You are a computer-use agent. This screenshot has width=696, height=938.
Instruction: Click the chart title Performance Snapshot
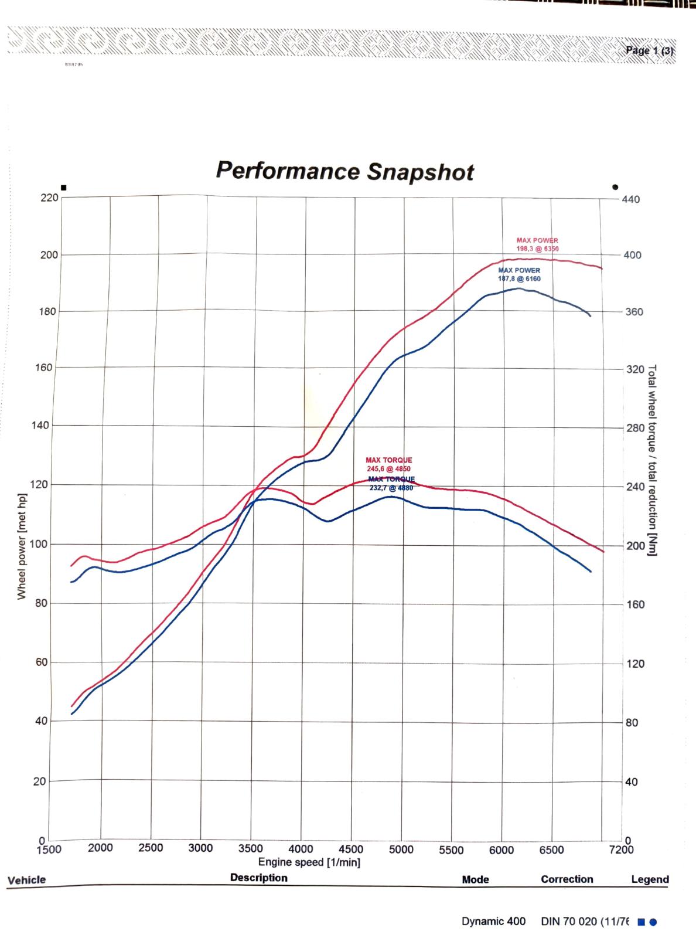pyautogui.click(x=344, y=171)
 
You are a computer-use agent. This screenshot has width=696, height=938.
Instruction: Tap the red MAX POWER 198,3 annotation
pyautogui.click(x=537, y=244)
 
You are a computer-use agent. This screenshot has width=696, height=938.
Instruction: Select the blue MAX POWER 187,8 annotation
pyautogui.click(x=519, y=274)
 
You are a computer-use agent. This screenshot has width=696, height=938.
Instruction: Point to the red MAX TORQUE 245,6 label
pyautogui.click(x=388, y=464)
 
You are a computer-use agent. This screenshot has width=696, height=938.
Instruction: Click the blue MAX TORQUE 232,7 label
pyautogui.click(x=391, y=483)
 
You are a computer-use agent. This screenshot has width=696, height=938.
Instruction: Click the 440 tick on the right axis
pyautogui.click(x=632, y=199)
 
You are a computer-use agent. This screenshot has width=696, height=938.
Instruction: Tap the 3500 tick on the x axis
pyautogui.click(x=251, y=848)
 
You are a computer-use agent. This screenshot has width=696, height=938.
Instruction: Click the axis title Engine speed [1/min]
pyautogui.click(x=309, y=862)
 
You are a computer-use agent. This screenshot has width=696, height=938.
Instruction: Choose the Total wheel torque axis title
pyautogui.click(x=651, y=460)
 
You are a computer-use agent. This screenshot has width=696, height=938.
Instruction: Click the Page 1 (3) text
pyautogui.click(x=650, y=50)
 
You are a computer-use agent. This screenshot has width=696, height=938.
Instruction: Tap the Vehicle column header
pyautogui.click(x=26, y=879)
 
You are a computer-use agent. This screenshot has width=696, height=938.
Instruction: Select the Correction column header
pyautogui.click(x=567, y=879)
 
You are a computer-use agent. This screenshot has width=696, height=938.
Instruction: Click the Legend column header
pyautogui.click(x=650, y=879)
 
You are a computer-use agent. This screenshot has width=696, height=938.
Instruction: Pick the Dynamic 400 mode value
pyautogui.click(x=493, y=921)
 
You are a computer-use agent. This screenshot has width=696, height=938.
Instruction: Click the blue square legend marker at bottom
pyautogui.click(x=641, y=922)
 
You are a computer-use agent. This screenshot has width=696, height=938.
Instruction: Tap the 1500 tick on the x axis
pyautogui.click(x=49, y=849)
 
